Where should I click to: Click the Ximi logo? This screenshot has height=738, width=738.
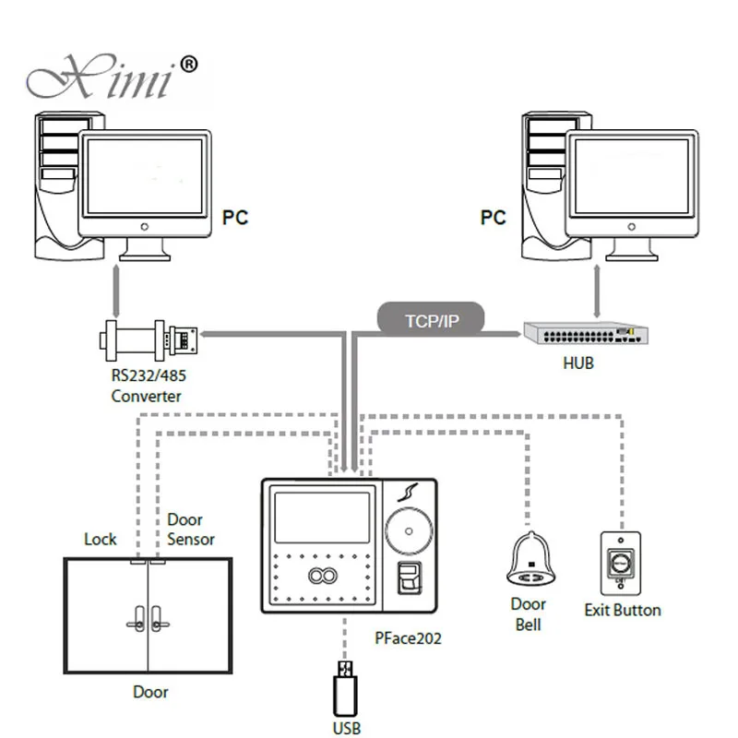point(112,77)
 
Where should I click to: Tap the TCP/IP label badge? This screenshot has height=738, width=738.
point(431,320)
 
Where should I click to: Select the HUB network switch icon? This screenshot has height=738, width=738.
point(586,333)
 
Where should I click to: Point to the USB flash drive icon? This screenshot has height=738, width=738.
point(345,688)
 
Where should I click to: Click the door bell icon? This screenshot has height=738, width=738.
point(531,559)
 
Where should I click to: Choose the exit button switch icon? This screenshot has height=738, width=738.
point(620,564)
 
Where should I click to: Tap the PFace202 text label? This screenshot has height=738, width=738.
point(408,638)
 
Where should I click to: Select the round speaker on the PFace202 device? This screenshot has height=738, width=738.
point(409,531)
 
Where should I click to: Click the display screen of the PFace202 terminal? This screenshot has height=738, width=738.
point(322,518)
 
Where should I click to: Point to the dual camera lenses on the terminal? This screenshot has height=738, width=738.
point(322,575)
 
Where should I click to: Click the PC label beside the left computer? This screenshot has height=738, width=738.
point(235,218)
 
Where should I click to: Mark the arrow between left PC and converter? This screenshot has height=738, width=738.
point(116,291)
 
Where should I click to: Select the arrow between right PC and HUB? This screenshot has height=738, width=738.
point(597,291)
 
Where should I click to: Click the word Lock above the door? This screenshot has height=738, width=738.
point(101,539)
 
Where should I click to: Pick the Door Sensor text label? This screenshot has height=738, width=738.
point(191,529)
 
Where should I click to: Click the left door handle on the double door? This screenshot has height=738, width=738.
point(137,619)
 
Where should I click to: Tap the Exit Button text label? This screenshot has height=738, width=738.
point(623,610)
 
